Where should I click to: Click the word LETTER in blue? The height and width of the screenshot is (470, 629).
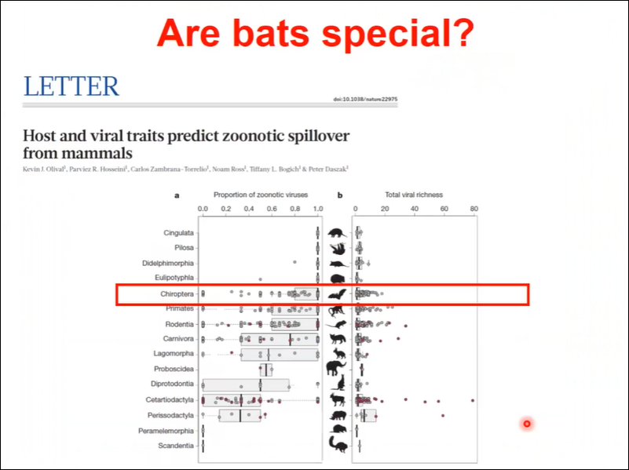(x=71, y=86)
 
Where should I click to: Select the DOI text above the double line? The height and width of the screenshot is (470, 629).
(x=365, y=99)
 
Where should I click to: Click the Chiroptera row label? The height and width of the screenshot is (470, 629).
(x=177, y=294)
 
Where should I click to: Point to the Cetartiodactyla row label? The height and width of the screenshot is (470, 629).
(x=170, y=400)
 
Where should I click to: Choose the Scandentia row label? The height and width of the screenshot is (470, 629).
(x=176, y=446)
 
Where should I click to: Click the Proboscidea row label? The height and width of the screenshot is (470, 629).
(x=174, y=369)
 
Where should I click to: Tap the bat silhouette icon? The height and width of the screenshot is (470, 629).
(x=337, y=294)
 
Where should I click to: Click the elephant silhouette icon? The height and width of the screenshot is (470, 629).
(x=336, y=368)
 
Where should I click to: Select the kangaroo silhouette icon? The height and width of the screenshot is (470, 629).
(x=338, y=384)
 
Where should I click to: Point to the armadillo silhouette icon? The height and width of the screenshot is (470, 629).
(x=337, y=233)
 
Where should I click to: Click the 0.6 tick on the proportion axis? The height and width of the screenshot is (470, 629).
(x=272, y=209)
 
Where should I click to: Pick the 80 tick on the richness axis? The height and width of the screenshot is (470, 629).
(x=474, y=209)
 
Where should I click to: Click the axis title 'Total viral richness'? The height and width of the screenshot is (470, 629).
(x=414, y=195)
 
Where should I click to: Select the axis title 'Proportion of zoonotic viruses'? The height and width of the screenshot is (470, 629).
(x=261, y=195)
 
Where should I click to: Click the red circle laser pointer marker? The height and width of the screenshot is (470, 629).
(x=527, y=424)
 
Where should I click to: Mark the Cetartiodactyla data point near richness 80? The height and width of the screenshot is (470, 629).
(x=473, y=400)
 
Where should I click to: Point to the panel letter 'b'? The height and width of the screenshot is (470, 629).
(x=340, y=195)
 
